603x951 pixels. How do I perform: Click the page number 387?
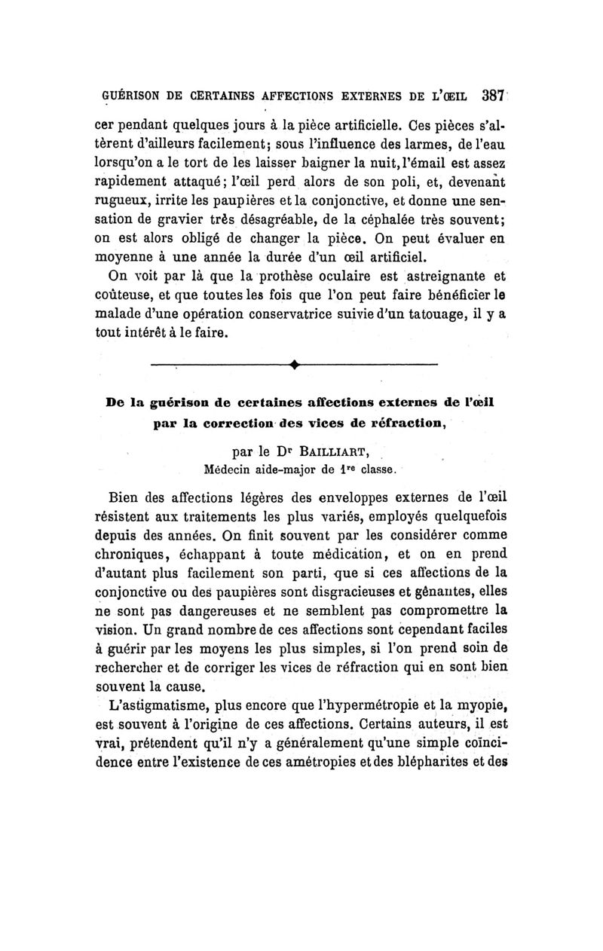pos(493,96)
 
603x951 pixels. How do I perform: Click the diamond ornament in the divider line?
pos(294,367)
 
